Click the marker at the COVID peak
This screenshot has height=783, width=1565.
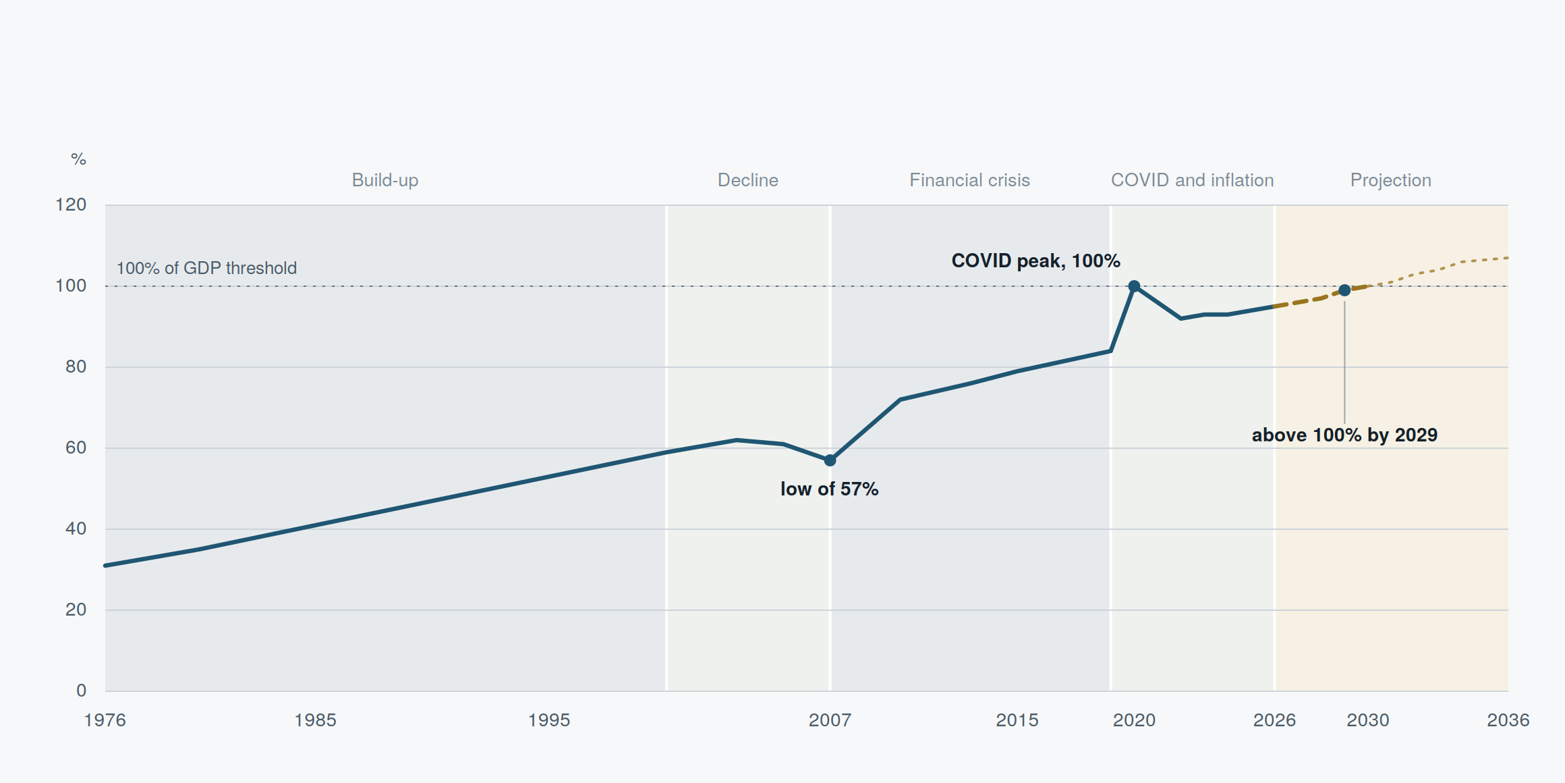[x=1134, y=286]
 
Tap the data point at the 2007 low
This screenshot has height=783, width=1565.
[x=830, y=460]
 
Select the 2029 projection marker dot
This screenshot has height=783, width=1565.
[x=1344, y=290]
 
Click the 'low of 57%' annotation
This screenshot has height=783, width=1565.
[x=829, y=489]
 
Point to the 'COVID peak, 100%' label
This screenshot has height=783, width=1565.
[x=1035, y=261]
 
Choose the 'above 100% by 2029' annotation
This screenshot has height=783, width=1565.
[x=1344, y=435]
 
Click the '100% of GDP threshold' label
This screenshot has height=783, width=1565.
[x=206, y=268]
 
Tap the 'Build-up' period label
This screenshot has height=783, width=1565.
[x=385, y=180]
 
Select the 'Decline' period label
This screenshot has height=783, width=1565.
[x=747, y=180]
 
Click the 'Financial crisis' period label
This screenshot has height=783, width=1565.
[x=969, y=180]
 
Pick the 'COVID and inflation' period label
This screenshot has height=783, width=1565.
[x=1192, y=180]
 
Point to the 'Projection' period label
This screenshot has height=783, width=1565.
[x=1390, y=180]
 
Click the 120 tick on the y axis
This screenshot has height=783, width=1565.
[x=71, y=205]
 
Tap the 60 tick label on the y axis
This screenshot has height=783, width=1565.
[x=76, y=448]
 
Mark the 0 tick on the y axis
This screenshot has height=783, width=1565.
[x=81, y=691]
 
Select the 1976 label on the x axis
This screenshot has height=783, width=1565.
[x=105, y=720]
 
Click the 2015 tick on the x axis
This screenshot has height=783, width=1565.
[x=1017, y=720]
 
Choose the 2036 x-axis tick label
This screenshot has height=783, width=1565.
[x=1508, y=720]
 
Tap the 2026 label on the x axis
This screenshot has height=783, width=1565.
[x=1274, y=720]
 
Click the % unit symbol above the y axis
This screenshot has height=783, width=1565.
[x=78, y=159]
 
